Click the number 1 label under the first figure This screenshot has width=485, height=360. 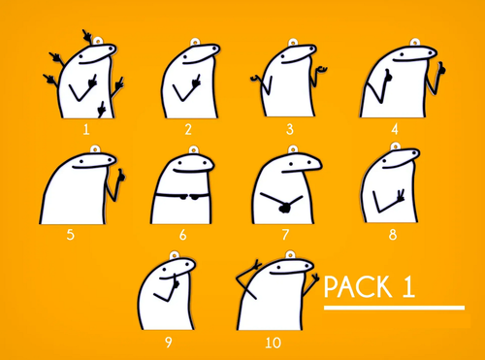coord(86,130)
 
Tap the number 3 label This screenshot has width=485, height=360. coord(290,129)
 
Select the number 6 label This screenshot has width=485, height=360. coord(183,235)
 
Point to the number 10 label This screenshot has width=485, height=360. coord(273,343)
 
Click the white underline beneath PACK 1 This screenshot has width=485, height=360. coord(394,308)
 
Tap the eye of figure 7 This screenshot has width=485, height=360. coord(291,164)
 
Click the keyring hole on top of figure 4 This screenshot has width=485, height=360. coord(414,43)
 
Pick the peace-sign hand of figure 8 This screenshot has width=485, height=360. coord(400,195)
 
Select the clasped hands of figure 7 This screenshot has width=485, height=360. coord(284,208)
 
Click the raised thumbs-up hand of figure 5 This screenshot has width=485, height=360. coord(121,176)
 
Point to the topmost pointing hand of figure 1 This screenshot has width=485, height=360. coord(87,36)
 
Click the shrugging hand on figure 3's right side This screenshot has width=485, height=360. coord(321,69)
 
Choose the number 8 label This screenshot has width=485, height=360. coord(393,235)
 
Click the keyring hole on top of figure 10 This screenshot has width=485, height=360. coord(290,255)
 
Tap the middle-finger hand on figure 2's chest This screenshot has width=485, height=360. coord(196,81)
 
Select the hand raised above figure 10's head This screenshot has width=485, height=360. coord(257,265)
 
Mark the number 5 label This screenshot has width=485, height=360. coord(70,235)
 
